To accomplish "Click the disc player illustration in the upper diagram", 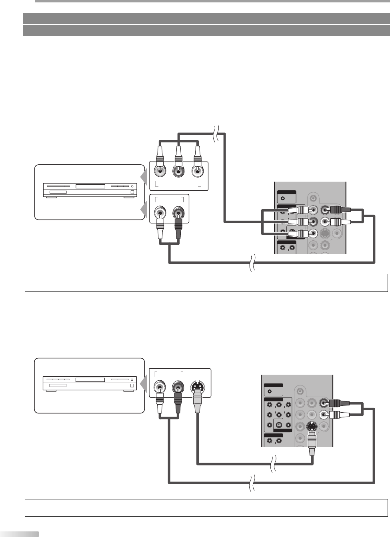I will pyautogui.click(x=90, y=189).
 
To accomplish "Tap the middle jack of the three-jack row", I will pyautogui.click(x=178, y=172).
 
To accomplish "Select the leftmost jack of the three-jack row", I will pyautogui.click(x=159, y=172).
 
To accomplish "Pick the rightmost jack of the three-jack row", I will pyautogui.click(x=196, y=172).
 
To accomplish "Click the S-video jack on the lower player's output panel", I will pyautogui.click(x=197, y=387).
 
